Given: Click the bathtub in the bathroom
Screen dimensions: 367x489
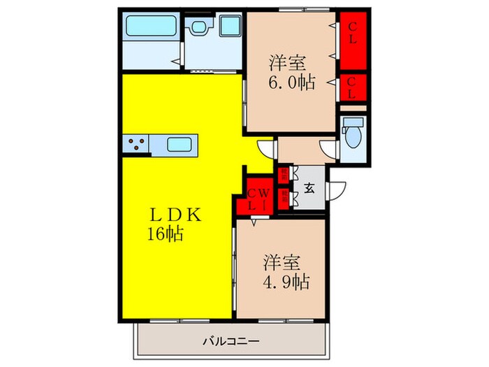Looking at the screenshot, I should click(x=146, y=29).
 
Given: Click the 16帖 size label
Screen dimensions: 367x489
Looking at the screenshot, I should click(x=165, y=235).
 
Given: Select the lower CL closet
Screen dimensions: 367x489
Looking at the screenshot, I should click(x=353, y=88).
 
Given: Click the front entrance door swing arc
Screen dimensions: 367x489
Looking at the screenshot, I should click(x=337, y=189).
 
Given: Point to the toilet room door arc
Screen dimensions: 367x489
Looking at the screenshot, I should click(x=326, y=147).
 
